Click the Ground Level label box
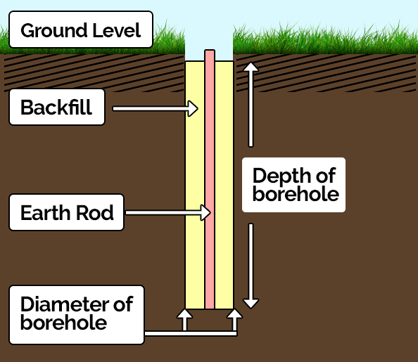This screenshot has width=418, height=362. coord(81,30)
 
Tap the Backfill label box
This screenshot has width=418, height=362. coord(57,107)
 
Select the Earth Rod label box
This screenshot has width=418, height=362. coord(67,212)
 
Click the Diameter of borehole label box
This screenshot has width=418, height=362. coord(77,315)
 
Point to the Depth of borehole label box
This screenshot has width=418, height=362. coord(293,185)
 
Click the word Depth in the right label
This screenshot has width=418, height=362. coord(281,176)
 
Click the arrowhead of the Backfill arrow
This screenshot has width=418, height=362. coord(193,108)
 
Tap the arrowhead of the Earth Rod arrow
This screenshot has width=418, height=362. coord(206,212)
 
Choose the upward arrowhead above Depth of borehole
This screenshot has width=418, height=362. coord(251,67)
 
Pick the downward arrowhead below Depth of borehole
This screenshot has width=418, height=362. coord(251,304)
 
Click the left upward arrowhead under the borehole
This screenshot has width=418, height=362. coord(184,313)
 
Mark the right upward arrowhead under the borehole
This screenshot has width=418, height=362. coord(234,313)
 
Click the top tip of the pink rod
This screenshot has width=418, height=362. coord(210,50)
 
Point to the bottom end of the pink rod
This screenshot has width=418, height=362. coord(210,308)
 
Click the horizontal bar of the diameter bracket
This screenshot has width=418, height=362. coord(191,333)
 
